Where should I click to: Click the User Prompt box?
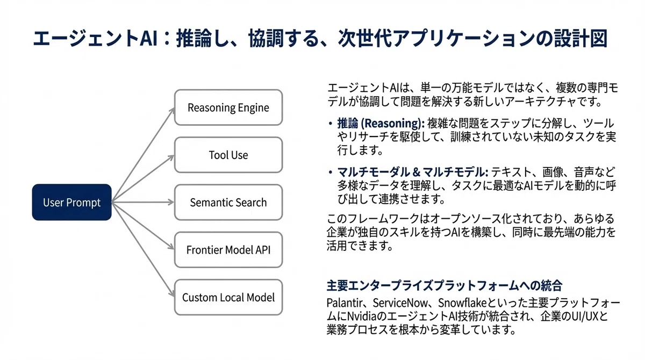tap(71, 203)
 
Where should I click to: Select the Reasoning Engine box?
tap(228, 107)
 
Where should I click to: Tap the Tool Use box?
tap(228, 155)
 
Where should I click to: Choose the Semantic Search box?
tap(228, 203)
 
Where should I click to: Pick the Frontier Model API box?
tap(228, 250)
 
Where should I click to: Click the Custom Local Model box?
tap(228, 297)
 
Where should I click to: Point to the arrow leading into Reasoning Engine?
tap(143, 155)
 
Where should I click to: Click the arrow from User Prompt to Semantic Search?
tap(143, 203)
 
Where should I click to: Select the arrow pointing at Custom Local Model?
tap(143, 249)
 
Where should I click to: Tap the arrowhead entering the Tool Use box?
tap(171, 157)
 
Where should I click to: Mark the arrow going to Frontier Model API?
tap(143, 226)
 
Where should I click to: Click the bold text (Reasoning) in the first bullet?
tap(393, 124)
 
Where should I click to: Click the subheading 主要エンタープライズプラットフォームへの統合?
tap(445, 285)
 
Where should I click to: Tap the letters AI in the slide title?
tap(149, 38)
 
